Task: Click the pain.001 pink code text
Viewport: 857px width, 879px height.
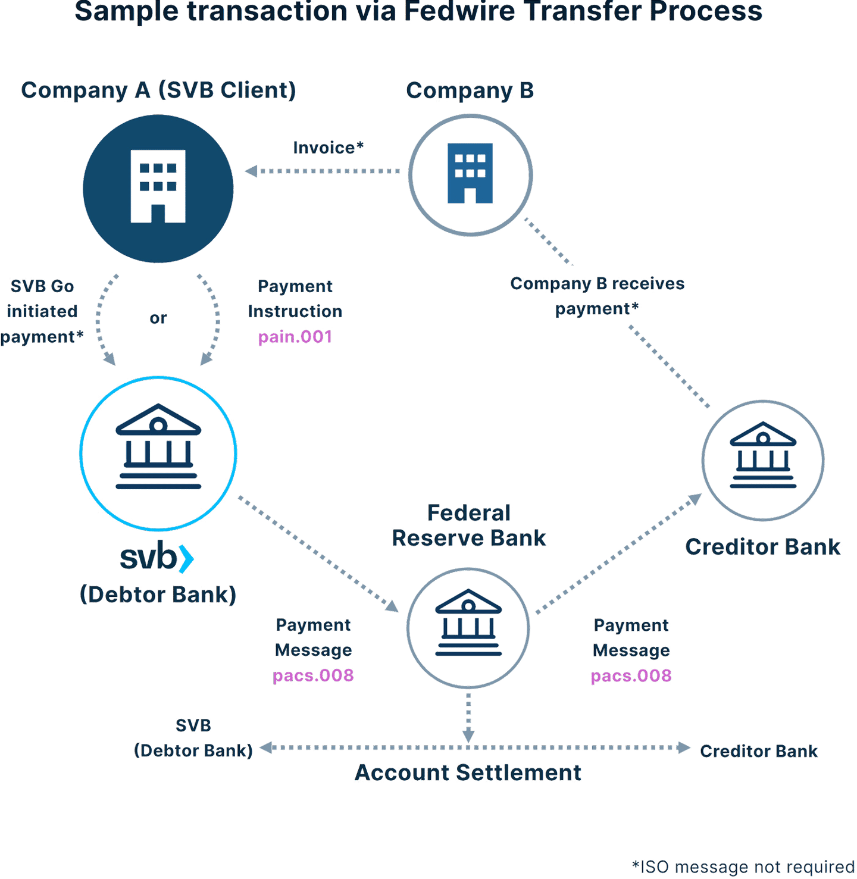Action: coord(295,337)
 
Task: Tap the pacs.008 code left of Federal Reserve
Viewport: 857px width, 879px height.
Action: coord(313,675)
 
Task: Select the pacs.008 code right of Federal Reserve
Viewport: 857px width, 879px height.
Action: coord(631,676)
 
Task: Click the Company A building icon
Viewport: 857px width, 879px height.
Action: coord(158,186)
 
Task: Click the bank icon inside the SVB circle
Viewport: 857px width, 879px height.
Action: coord(158,447)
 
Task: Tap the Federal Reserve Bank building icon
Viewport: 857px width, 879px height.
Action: coord(468,623)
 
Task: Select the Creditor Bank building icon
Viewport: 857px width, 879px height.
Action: coord(763,456)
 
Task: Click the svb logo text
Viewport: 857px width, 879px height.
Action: coord(157,558)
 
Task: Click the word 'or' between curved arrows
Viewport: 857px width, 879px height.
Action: coord(158,318)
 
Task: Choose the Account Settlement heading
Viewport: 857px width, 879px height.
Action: coord(468,772)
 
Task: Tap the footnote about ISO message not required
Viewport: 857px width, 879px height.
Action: coord(743,867)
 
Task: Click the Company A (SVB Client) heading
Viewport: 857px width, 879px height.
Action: coord(158,90)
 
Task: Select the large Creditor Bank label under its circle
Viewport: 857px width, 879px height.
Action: coord(763,547)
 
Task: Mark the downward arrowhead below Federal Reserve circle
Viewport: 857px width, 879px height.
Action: coord(468,736)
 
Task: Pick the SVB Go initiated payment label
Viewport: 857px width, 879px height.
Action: coord(42,311)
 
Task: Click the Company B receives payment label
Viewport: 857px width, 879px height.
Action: coord(597,296)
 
